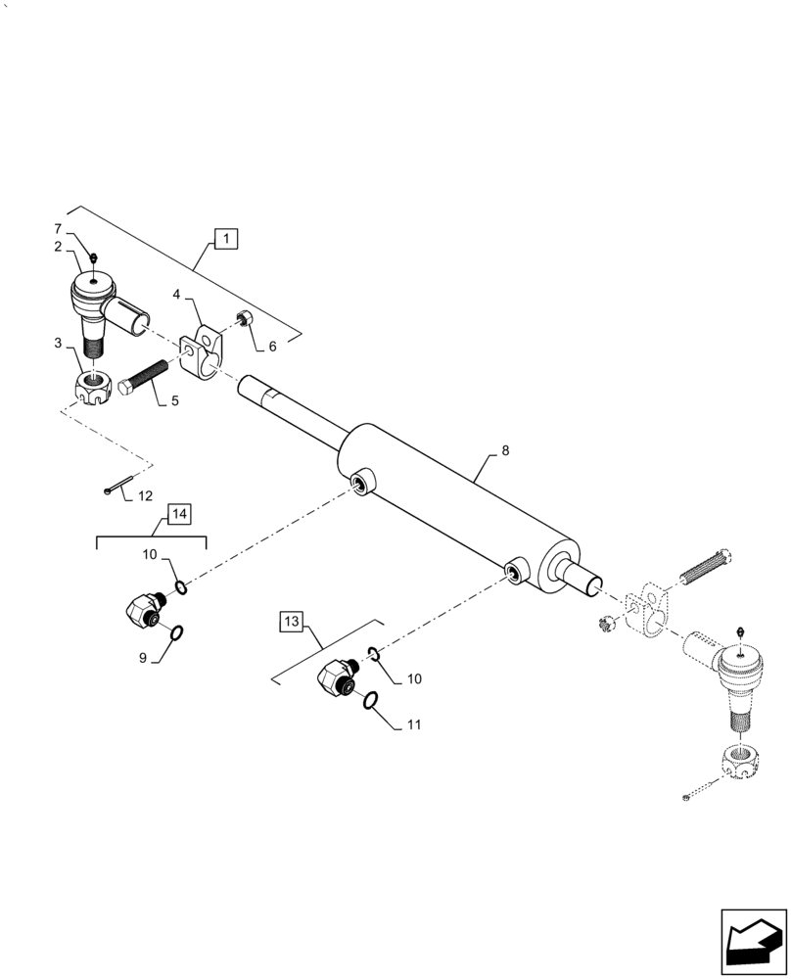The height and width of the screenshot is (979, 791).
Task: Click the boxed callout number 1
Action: click(x=226, y=238)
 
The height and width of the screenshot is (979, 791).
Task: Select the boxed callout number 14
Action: click(x=179, y=514)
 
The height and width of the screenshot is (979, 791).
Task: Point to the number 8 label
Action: click(x=504, y=451)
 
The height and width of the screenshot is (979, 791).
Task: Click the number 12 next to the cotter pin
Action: click(x=145, y=496)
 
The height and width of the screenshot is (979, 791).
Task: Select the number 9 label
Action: click(x=144, y=659)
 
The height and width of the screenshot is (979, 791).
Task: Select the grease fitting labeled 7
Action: click(x=91, y=258)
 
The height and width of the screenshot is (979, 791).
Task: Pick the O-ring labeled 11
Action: click(x=371, y=699)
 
